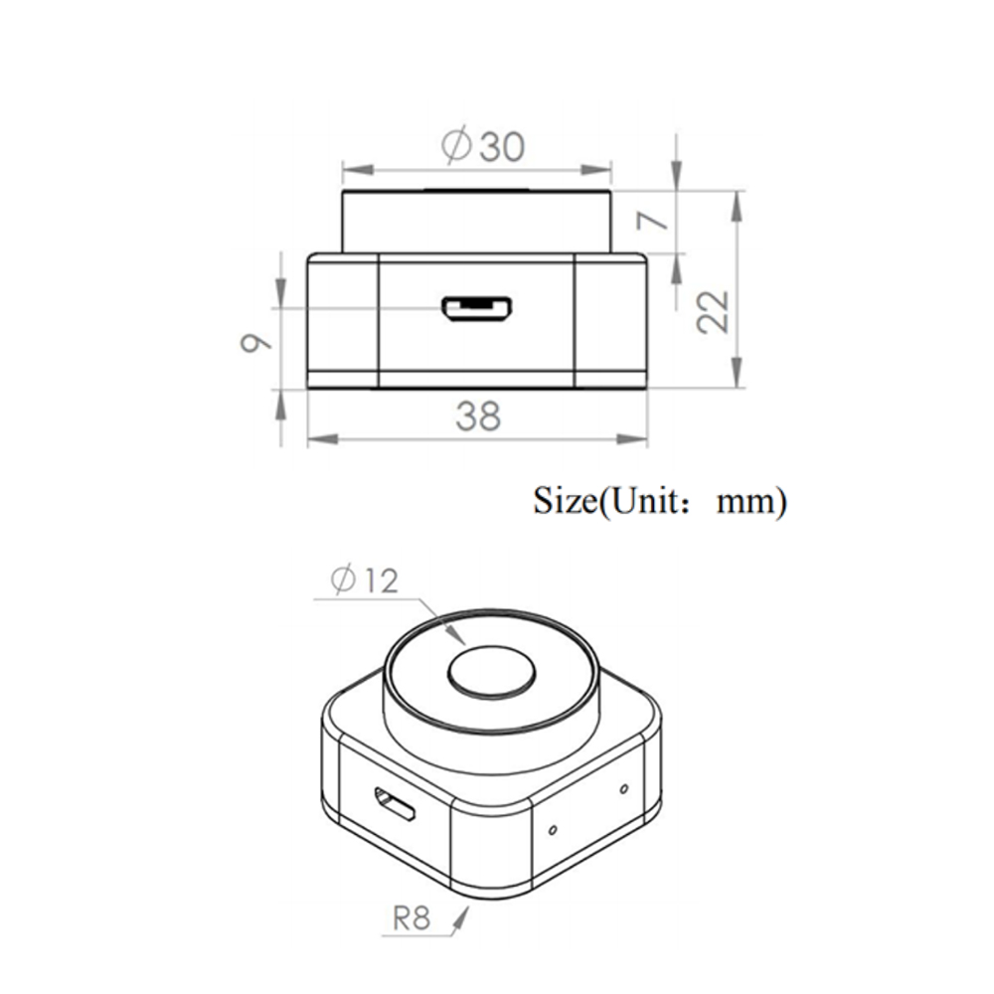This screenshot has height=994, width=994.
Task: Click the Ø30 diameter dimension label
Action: point(483,145)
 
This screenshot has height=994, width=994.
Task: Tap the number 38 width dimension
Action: point(479,416)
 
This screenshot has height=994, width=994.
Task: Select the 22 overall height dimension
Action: point(713,311)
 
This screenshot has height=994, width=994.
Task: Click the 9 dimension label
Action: point(255,343)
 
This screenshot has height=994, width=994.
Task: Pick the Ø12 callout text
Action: point(364,580)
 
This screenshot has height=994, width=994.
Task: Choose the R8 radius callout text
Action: point(412,918)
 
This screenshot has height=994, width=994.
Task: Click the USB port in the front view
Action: point(477,309)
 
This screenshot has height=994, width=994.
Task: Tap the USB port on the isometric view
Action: point(395,804)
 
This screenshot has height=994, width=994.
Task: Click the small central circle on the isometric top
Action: point(492,673)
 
